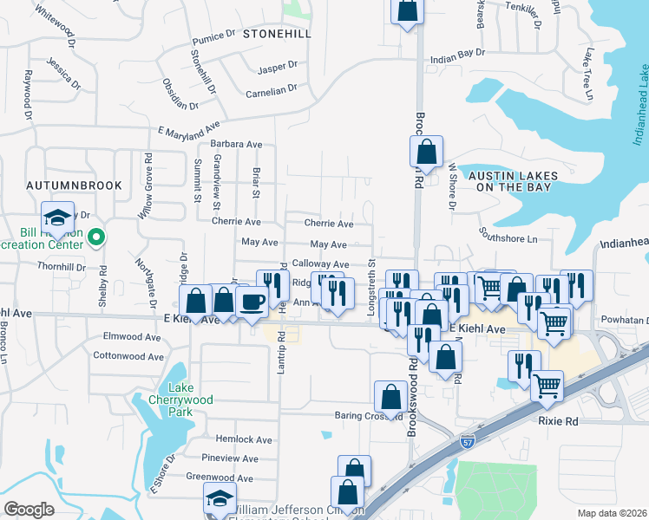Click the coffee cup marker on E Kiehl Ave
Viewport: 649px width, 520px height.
(x=252, y=302)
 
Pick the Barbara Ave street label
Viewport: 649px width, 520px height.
(x=236, y=145)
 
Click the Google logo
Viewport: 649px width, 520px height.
(x=29, y=510)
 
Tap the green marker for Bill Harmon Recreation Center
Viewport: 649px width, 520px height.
(x=98, y=235)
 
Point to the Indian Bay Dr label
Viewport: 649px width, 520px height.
(x=456, y=58)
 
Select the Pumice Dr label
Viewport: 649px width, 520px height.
(x=213, y=38)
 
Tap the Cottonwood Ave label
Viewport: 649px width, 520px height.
(x=128, y=355)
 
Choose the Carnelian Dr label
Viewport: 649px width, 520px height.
(x=272, y=89)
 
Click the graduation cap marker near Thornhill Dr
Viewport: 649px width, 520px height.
(x=58, y=218)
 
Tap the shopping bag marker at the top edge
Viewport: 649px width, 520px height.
(x=406, y=10)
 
